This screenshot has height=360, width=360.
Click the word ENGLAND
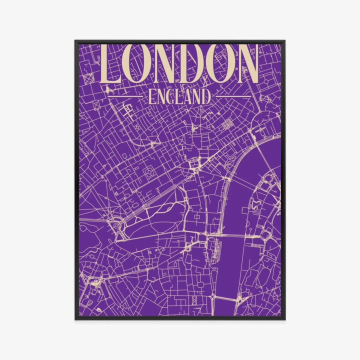pyautogui.click(x=179, y=96)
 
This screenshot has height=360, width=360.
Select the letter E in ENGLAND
pyautogui.click(x=151, y=96)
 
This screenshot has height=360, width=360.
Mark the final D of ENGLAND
pyautogui.click(x=206, y=96)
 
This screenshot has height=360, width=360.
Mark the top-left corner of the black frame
pyautogui.click(x=75, y=41)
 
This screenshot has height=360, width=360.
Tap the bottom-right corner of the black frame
pyautogui.click(x=284, y=318)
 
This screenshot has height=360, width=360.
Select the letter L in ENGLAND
pyautogui.click(x=179, y=96)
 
